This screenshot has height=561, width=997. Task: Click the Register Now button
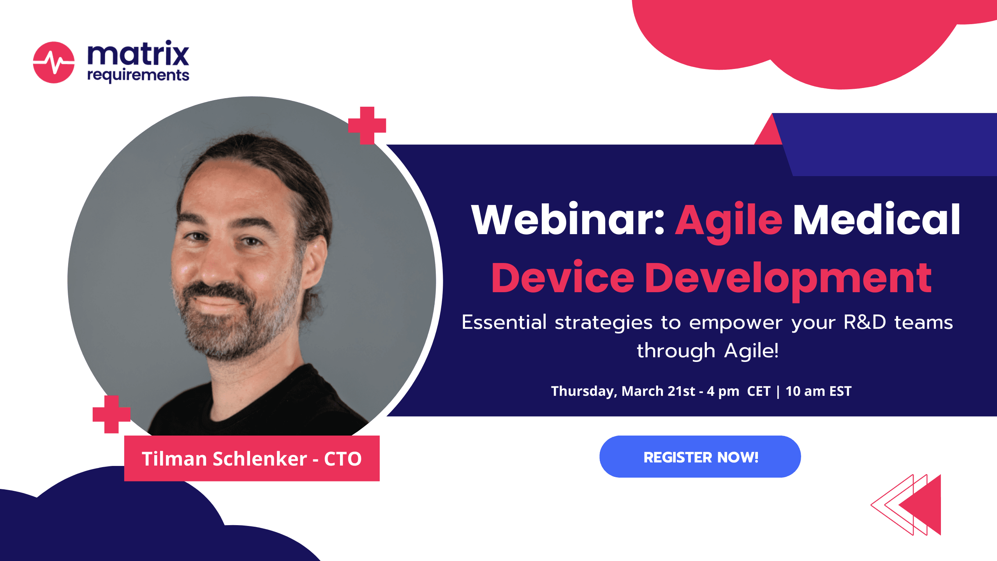click(700, 457)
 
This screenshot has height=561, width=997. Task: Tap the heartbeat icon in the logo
click(54, 62)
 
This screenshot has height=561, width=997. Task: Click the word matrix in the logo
click(138, 53)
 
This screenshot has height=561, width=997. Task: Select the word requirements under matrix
click(138, 75)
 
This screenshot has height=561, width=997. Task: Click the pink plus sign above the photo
click(367, 125)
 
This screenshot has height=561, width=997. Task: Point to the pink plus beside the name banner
click(111, 414)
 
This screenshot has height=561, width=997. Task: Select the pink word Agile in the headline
click(729, 222)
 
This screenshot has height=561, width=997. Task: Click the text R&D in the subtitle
click(865, 323)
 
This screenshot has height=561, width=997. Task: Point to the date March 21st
click(658, 391)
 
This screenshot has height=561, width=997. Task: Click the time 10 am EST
click(818, 391)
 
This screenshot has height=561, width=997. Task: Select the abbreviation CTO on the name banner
click(343, 459)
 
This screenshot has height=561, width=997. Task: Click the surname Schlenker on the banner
click(260, 459)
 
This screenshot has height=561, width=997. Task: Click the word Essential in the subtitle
click(504, 323)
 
